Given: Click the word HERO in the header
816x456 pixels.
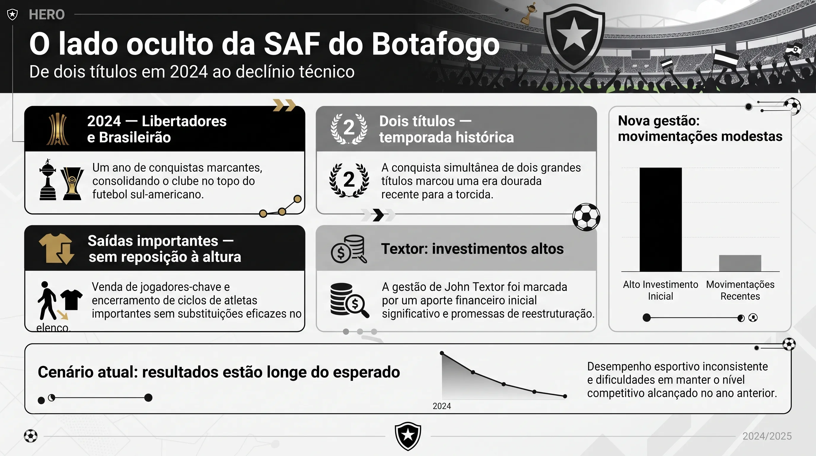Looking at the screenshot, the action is point(47,15).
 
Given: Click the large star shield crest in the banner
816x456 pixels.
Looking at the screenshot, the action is point(574,37).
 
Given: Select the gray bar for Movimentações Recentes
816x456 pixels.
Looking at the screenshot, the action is point(740,263).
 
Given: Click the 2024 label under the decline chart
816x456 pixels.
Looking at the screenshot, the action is point(442,406).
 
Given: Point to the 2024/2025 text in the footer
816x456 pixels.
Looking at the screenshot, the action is point(767,436).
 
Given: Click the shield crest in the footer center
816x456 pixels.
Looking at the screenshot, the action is point(408,436).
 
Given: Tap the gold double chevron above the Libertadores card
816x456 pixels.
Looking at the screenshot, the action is point(284,105).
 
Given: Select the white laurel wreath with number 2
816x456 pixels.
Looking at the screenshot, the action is point(349,129).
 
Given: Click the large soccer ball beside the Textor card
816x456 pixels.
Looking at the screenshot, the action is point(586,217).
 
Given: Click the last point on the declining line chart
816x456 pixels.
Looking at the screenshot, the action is point(565,396).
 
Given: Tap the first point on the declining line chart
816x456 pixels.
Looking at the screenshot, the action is point(442,353).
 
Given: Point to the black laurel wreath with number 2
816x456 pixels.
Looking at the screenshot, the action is point(349,180).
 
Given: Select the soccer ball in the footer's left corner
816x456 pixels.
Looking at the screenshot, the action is point(31,436).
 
